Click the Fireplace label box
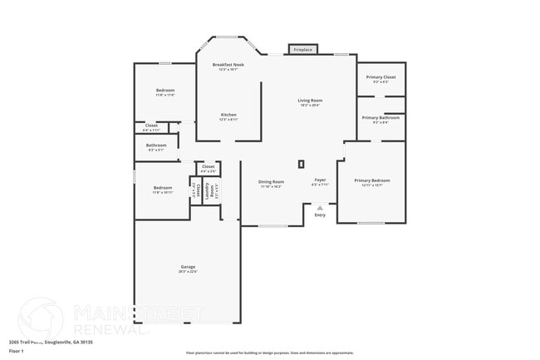coord(303,50)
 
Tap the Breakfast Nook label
coord(228,65)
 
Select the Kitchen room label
coord(228,115)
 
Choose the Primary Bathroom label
coord(381,118)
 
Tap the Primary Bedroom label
coord(371,180)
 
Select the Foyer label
coord(320,180)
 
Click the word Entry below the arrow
coord(320,215)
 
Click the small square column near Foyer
coord(302,164)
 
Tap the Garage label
coord(187,267)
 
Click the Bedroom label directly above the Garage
coord(163,188)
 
